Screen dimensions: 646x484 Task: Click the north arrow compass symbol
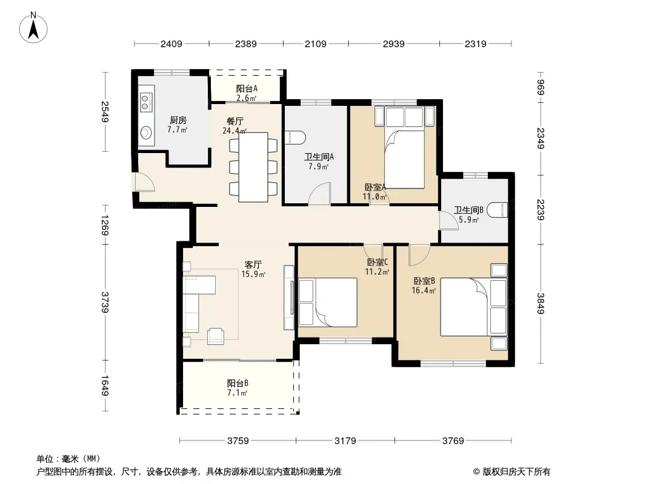point(33,28)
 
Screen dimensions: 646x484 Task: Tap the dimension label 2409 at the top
point(171,44)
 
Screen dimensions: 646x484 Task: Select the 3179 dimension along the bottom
point(345,441)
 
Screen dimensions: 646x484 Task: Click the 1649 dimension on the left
point(105,386)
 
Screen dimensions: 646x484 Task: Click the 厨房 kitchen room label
point(178,120)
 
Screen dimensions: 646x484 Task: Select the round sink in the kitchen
point(145,132)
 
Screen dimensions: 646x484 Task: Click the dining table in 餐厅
point(253,167)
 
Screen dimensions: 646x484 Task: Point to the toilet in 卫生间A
point(295,137)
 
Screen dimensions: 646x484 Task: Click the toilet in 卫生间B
point(498,210)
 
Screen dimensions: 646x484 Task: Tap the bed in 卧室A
point(404,148)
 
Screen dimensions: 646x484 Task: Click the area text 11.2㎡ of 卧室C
point(377,272)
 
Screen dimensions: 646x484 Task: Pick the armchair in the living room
point(216,335)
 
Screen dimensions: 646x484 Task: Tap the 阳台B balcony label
point(238,383)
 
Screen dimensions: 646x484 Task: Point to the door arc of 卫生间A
point(320,193)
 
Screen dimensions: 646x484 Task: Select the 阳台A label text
point(247,88)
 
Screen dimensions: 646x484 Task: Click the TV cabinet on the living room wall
point(289,298)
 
